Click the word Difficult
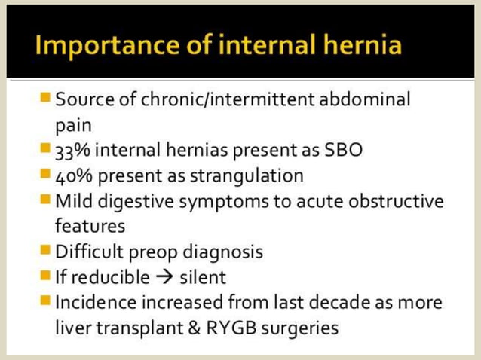click(x=92, y=252)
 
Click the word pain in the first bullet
click(x=72, y=124)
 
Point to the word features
click(x=89, y=226)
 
